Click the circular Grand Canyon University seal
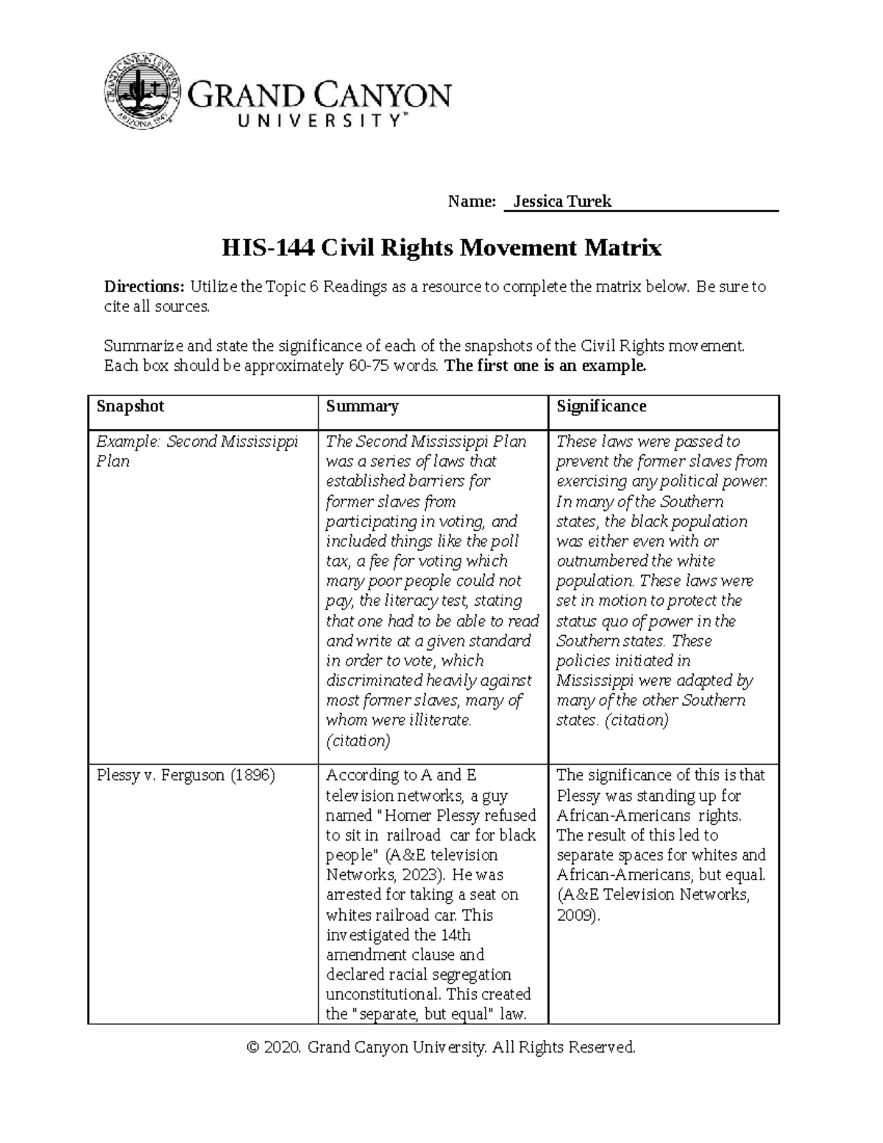pyautogui.click(x=141, y=91)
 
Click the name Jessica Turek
pyautogui.click(x=562, y=202)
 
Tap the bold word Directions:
pyautogui.click(x=144, y=287)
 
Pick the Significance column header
pyautogui.click(x=601, y=406)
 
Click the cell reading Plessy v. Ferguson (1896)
pyautogui.click(x=185, y=776)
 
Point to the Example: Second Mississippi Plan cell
pyautogui.click(x=197, y=451)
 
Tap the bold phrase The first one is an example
pyautogui.click(x=546, y=367)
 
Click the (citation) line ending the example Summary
pyautogui.click(x=358, y=740)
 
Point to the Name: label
pyautogui.click(x=472, y=202)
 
